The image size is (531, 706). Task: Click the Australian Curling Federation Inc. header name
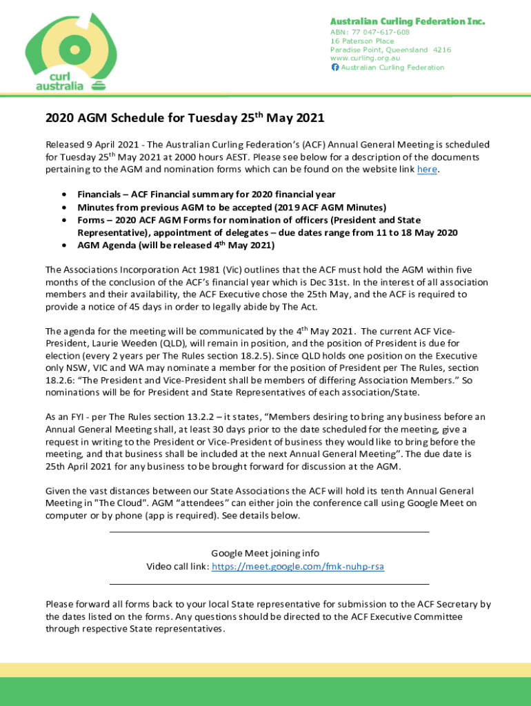coord(407,21)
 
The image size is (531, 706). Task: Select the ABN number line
coord(370,32)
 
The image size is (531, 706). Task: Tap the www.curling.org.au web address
coord(365,59)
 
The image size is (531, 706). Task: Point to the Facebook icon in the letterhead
coord(335,68)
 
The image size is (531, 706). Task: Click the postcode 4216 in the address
coord(442,50)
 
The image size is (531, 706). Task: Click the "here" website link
coord(427,170)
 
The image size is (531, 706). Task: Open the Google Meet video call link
coord(298,567)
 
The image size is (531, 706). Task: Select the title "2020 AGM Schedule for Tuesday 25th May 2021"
coord(185,118)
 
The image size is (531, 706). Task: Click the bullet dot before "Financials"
coord(64,195)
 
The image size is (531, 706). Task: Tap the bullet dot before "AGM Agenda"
coord(64,245)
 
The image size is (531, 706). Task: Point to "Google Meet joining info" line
coord(265,553)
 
